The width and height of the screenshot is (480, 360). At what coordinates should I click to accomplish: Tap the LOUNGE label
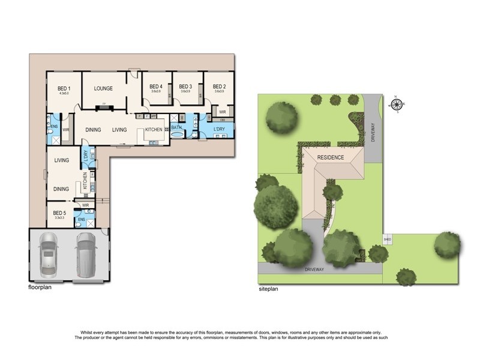pyautogui.click(x=103, y=88)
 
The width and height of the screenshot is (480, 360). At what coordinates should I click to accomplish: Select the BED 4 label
pyautogui.click(x=156, y=86)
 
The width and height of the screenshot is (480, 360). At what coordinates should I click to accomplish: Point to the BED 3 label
pyautogui.click(x=185, y=86)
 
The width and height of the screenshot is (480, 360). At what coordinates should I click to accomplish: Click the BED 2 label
pyautogui.click(x=219, y=86)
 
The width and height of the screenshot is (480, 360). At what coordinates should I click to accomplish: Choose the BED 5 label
pyautogui.click(x=59, y=212)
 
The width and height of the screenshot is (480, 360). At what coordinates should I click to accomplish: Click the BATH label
pyautogui.click(x=176, y=127)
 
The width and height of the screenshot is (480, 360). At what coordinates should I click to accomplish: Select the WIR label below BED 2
pyautogui.click(x=222, y=112)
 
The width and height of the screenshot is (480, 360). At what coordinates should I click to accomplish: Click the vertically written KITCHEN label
pyautogui.click(x=85, y=179)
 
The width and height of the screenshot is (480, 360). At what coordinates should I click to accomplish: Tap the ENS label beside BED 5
pyautogui.click(x=81, y=220)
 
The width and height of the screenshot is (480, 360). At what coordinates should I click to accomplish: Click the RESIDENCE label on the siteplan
pyautogui.click(x=331, y=158)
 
